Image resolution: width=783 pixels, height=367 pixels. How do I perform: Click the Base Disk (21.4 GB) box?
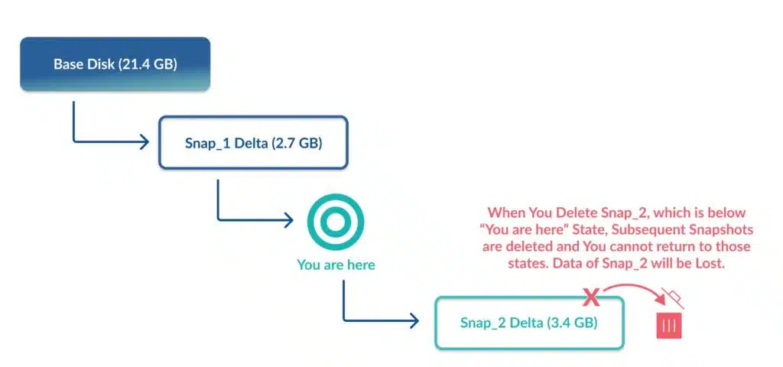(x=115, y=64)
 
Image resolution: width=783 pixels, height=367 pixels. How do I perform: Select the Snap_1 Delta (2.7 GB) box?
(x=253, y=143)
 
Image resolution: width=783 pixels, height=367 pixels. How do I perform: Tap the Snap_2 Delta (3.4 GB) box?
(x=529, y=323)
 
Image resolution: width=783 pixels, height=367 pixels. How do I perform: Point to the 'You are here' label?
(x=336, y=265)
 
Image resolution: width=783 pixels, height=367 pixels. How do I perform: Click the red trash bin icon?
(x=669, y=326)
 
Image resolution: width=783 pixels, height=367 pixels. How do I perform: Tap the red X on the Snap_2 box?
(x=591, y=298)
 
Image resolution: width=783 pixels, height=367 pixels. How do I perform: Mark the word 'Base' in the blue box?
(x=68, y=65)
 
